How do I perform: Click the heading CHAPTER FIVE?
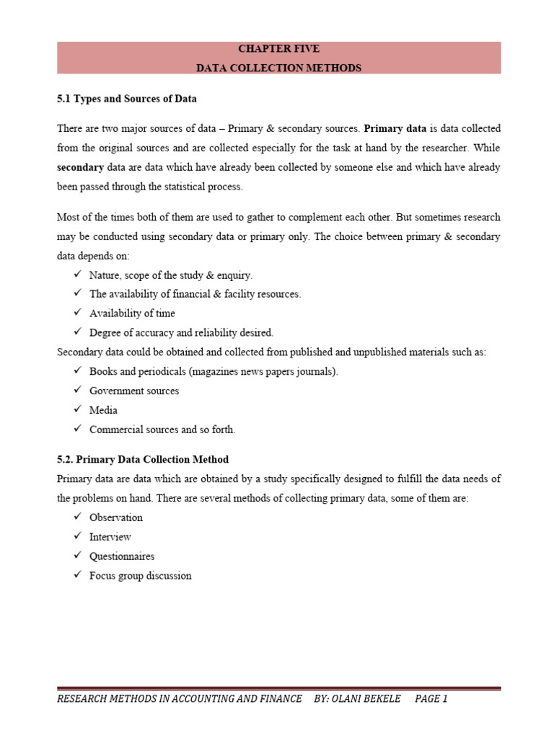click(x=278, y=49)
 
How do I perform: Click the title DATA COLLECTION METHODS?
click(x=278, y=68)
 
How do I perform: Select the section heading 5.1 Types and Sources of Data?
click(x=126, y=98)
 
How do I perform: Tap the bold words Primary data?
click(x=395, y=128)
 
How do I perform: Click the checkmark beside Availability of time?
click(x=77, y=314)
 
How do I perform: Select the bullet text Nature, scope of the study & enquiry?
click(x=171, y=275)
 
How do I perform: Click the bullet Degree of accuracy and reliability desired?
click(x=181, y=333)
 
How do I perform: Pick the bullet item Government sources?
click(x=134, y=391)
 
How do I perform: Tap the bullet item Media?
click(x=103, y=410)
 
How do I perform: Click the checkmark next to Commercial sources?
click(x=77, y=430)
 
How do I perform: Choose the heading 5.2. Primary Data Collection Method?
click(x=143, y=459)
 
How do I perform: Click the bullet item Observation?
click(x=116, y=517)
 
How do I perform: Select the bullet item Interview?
click(x=110, y=537)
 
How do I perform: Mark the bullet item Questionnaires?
click(x=122, y=556)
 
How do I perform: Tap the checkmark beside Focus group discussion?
click(x=77, y=576)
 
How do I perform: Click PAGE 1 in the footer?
click(x=431, y=699)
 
